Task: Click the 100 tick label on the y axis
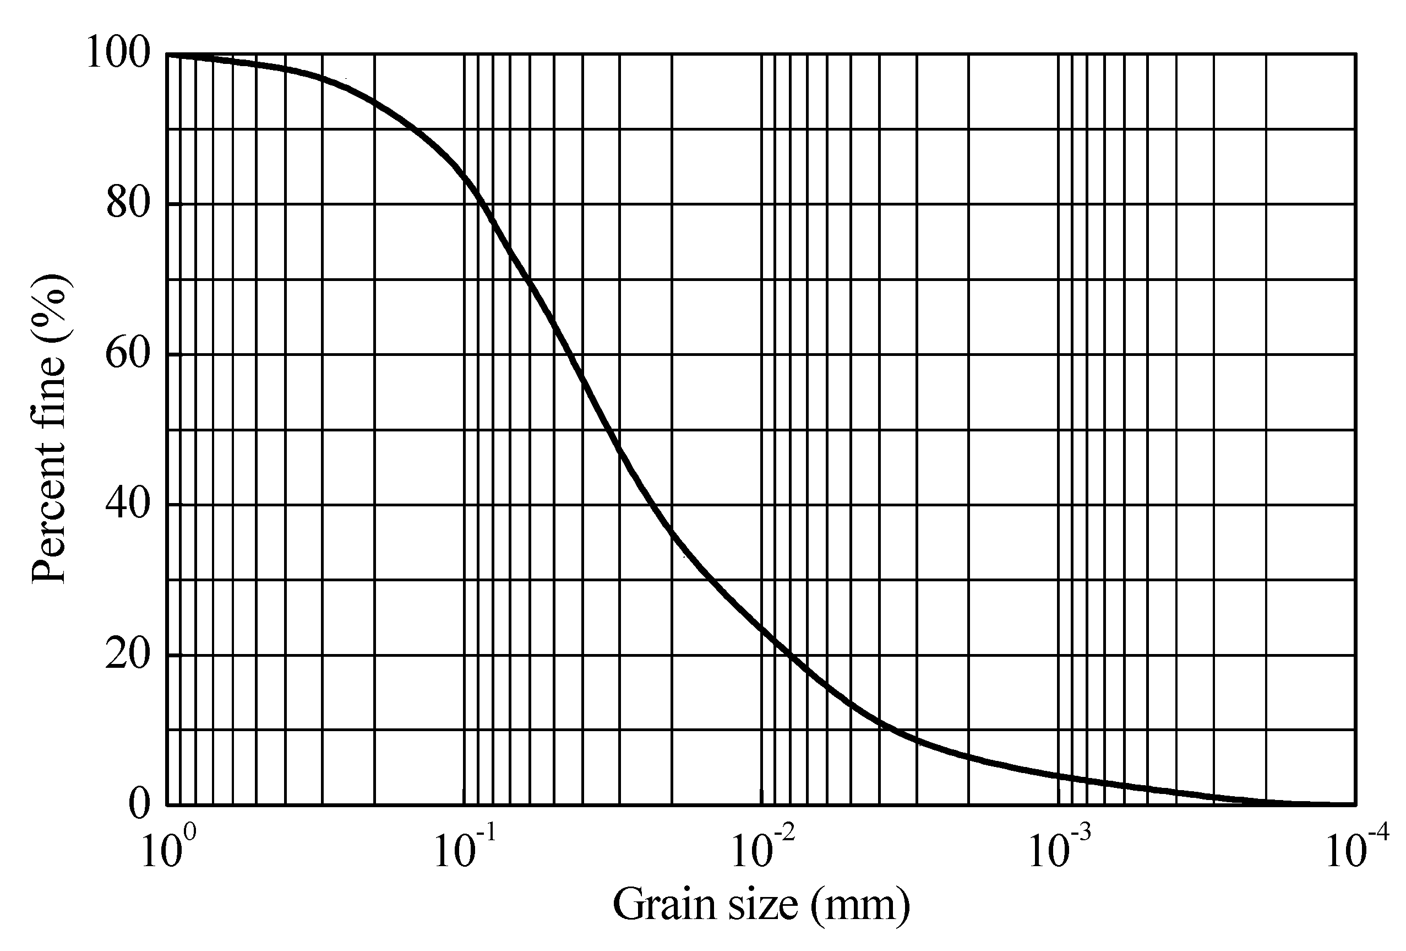(x=118, y=53)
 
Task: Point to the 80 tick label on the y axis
(x=128, y=203)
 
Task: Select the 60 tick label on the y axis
(x=128, y=354)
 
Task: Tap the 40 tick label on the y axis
(x=128, y=504)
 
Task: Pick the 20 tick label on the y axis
(x=128, y=655)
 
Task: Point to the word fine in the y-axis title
(x=48, y=393)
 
